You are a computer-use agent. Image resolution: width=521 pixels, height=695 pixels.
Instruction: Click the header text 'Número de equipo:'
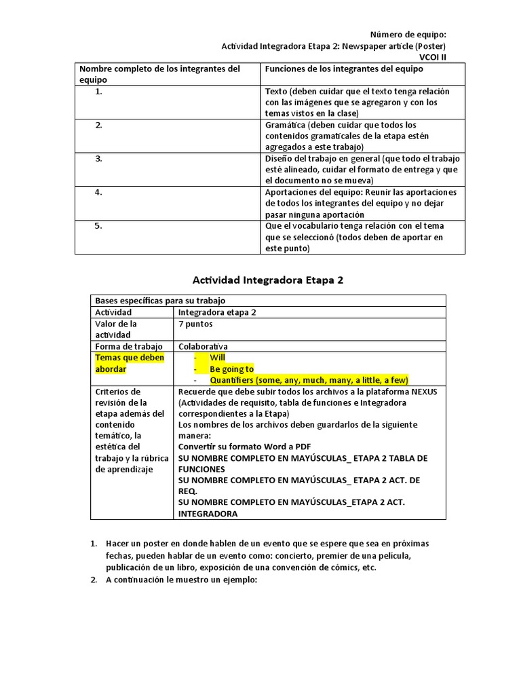coord(408,35)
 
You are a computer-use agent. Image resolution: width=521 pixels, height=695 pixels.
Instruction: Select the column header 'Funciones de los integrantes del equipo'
coord(343,69)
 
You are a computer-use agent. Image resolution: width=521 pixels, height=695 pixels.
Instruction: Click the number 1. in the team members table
coord(99,91)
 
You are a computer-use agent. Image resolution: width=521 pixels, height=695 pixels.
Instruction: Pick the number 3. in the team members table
coord(99,158)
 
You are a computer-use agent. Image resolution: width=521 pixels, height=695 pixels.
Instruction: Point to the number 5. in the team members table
coord(99,226)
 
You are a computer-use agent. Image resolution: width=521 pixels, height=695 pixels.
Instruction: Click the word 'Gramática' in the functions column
coord(285,125)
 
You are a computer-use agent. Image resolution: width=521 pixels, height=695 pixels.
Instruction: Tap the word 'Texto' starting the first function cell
coord(276,91)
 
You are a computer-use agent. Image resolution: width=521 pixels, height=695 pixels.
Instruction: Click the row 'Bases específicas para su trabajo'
coord(160,300)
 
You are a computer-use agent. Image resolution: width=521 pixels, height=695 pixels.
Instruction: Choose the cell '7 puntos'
coord(195,324)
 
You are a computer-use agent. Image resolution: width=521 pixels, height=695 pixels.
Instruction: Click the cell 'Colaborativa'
coord(203,346)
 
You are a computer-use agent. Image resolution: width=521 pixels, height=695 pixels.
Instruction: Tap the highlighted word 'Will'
coord(217,357)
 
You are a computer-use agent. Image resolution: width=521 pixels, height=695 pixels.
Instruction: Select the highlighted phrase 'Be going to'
coord(231,369)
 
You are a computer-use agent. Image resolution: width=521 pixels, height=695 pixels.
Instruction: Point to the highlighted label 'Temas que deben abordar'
coord(130,363)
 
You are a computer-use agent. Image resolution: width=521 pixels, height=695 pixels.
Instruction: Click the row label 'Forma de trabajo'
coord(129,346)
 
